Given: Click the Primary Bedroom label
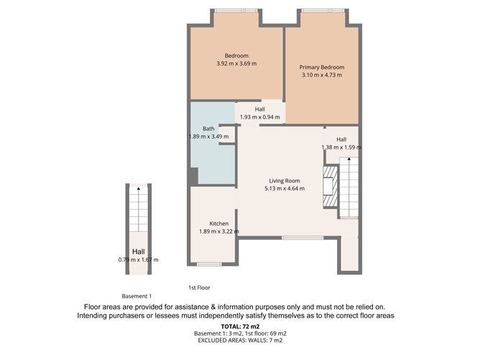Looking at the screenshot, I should tap(321, 68).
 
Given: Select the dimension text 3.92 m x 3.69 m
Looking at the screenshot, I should tap(236, 64).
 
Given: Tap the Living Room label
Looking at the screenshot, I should tap(284, 180).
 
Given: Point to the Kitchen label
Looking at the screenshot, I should tap(218, 223).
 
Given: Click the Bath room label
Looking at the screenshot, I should tap(208, 129).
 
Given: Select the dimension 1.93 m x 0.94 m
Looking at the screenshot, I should tap(259, 117).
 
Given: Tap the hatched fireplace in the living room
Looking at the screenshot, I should tap(329, 187).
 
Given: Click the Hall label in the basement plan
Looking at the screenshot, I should tap(138, 251).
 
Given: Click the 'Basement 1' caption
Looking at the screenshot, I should tap(137, 296).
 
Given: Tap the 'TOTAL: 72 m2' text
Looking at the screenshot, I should tap(239, 326).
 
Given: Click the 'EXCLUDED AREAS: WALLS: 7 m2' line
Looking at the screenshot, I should tap(239, 342).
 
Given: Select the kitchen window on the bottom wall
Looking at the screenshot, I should tap(209, 263).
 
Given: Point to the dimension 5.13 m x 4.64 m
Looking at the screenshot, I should tap(284, 189).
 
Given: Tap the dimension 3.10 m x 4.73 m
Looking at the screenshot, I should tap(321, 76).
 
